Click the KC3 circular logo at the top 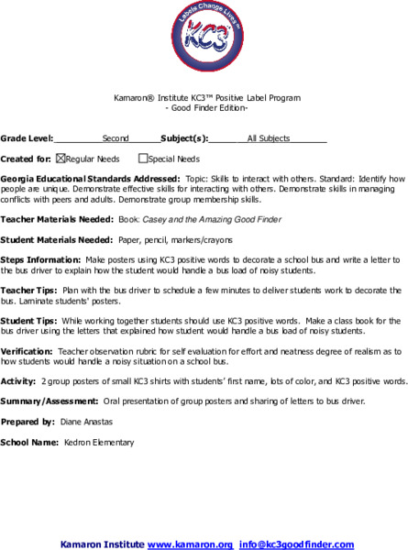[204, 41]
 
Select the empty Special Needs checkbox [142, 159]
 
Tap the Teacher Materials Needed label [57, 219]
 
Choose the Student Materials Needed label [57, 239]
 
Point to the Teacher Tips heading [29, 290]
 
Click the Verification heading [26, 350]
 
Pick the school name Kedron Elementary [99, 442]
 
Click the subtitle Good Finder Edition [206, 107]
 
